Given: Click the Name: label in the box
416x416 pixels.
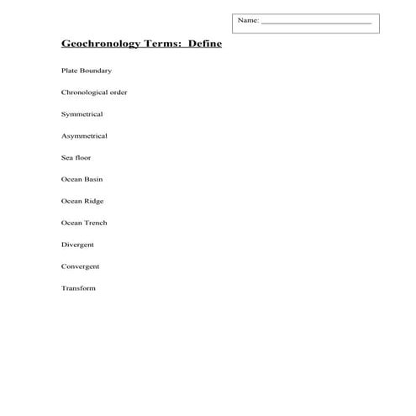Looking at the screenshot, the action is pyautogui.click(x=248, y=20).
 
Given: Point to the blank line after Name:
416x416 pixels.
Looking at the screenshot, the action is pyautogui.click(x=316, y=22).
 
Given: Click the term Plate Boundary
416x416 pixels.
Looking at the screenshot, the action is pyautogui.click(x=87, y=71).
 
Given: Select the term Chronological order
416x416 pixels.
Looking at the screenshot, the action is pyautogui.click(x=94, y=92).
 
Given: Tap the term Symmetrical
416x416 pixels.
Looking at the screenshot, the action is pyautogui.click(x=82, y=114).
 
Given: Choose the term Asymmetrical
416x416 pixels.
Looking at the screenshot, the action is pyautogui.click(x=84, y=136).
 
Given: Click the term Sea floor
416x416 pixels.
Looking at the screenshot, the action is pyautogui.click(x=76, y=158).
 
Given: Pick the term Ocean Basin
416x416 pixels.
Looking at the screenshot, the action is pyautogui.click(x=82, y=180).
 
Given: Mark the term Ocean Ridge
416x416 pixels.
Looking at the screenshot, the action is pyautogui.click(x=83, y=202).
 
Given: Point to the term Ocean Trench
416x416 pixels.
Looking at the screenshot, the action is pyautogui.click(x=84, y=224).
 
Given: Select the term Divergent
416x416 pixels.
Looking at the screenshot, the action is pyautogui.click(x=77, y=245).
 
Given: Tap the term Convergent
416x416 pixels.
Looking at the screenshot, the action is pyautogui.click(x=80, y=267).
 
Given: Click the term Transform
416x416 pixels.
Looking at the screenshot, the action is pyautogui.click(x=78, y=289).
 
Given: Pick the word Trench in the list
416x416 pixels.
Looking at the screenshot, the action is pyautogui.click(x=96, y=224).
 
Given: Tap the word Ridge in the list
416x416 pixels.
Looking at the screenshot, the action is pyautogui.click(x=94, y=202).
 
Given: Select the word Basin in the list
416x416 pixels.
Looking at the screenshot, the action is pyautogui.click(x=93, y=180).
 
